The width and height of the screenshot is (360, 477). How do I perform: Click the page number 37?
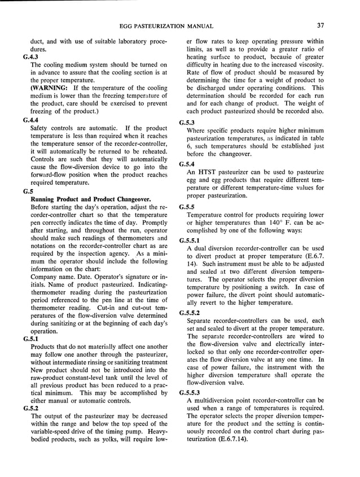pyautogui.click(x=320, y=26)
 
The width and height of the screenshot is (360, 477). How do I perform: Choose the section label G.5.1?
pyautogui.click(x=32, y=339)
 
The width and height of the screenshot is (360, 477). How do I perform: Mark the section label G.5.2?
pyautogui.click(x=32, y=409)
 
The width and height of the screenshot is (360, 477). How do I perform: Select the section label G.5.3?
pyautogui.click(x=187, y=123)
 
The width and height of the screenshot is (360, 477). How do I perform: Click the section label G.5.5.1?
pyautogui.click(x=190, y=240)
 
